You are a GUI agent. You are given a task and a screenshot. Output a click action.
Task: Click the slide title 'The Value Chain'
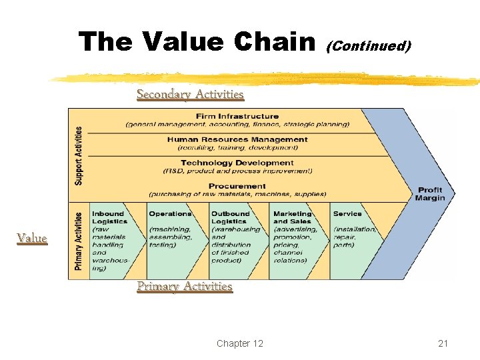pyautogui.click(x=197, y=42)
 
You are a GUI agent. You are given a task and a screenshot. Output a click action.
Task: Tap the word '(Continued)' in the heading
pyautogui.click(x=368, y=46)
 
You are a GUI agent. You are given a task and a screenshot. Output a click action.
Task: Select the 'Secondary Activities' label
pyautogui.click(x=190, y=94)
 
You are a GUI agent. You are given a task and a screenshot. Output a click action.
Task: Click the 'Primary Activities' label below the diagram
pyautogui.click(x=185, y=286)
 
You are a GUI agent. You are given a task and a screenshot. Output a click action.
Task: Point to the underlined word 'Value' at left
pyautogui.click(x=32, y=238)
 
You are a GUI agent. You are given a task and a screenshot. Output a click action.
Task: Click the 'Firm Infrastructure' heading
pyautogui.click(x=237, y=116)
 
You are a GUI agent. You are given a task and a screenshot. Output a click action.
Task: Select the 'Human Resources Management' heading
pyautogui.click(x=237, y=139)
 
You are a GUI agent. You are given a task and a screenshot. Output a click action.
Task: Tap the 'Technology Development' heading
pyautogui.click(x=237, y=163)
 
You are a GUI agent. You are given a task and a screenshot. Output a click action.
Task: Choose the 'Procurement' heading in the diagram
pyautogui.click(x=237, y=186)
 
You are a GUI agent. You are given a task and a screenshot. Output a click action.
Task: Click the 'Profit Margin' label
pyautogui.click(x=429, y=194)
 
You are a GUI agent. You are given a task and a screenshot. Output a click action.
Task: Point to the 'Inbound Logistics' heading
pyautogui.click(x=109, y=217)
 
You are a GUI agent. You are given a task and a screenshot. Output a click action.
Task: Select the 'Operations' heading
pyautogui.click(x=170, y=214)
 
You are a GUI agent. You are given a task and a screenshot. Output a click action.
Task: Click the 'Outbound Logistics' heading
pyautogui.click(x=230, y=217)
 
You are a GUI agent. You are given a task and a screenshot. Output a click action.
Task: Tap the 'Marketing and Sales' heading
pyautogui.click(x=293, y=217)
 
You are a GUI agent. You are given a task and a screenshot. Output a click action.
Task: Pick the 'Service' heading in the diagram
pyautogui.click(x=347, y=214)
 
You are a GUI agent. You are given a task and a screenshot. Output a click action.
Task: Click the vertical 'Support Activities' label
pyautogui.click(x=79, y=155)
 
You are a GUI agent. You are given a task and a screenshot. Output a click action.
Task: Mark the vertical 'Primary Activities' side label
pyautogui.click(x=79, y=241)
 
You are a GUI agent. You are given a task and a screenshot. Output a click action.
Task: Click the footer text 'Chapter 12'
pyautogui.click(x=240, y=343)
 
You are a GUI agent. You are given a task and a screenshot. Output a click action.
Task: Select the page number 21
pyautogui.click(x=443, y=343)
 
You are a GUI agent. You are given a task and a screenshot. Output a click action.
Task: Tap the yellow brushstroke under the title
pyautogui.click(x=267, y=79)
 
